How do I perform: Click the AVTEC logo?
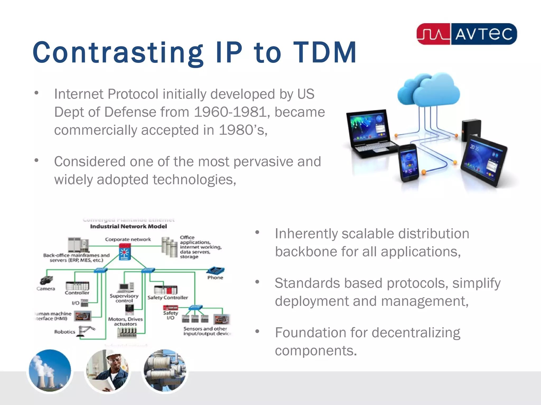pos(467,34)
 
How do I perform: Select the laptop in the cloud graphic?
pos(371,133)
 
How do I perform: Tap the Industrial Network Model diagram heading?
pos(128,226)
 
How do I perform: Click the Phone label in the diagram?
pos(215,278)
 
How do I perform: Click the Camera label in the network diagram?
pos(46,289)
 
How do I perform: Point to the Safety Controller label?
pos(167,298)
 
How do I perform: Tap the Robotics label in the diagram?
pos(65,332)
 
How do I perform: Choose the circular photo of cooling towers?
pos(50,370)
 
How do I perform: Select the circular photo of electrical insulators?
pos(165,370)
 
